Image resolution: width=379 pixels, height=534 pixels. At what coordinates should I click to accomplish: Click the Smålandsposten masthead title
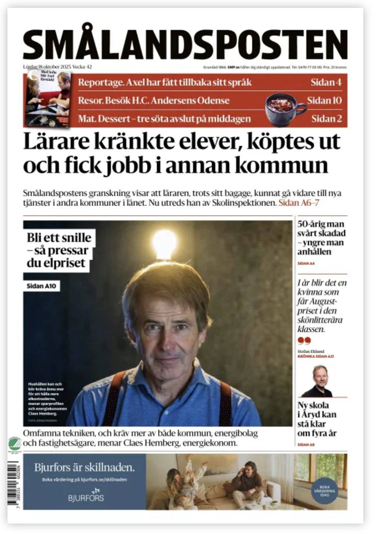pos(185,43)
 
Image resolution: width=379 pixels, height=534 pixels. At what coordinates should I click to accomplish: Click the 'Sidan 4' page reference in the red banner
pos(326,82)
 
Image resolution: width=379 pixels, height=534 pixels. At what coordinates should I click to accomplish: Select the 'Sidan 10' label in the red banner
pos(324,100)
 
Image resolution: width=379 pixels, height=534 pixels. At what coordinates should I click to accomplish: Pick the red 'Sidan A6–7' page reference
pos(298,203)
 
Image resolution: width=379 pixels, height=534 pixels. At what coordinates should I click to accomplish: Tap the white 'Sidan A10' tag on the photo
pos(41,286)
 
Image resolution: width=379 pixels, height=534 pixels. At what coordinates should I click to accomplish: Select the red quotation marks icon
pos(304,340)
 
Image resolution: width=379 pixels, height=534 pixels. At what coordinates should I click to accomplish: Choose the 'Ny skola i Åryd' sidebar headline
pos(317,419)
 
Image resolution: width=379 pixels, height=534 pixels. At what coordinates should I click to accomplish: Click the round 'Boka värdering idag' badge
pos(324,491)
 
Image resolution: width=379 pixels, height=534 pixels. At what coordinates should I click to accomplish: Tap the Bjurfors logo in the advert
pos(86,495)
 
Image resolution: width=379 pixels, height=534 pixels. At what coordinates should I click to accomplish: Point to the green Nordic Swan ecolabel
pos(15,444)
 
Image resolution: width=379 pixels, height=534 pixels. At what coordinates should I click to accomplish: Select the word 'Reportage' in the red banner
pos(100,82)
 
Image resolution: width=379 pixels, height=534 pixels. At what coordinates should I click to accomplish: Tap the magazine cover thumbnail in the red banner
pos(47,99)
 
